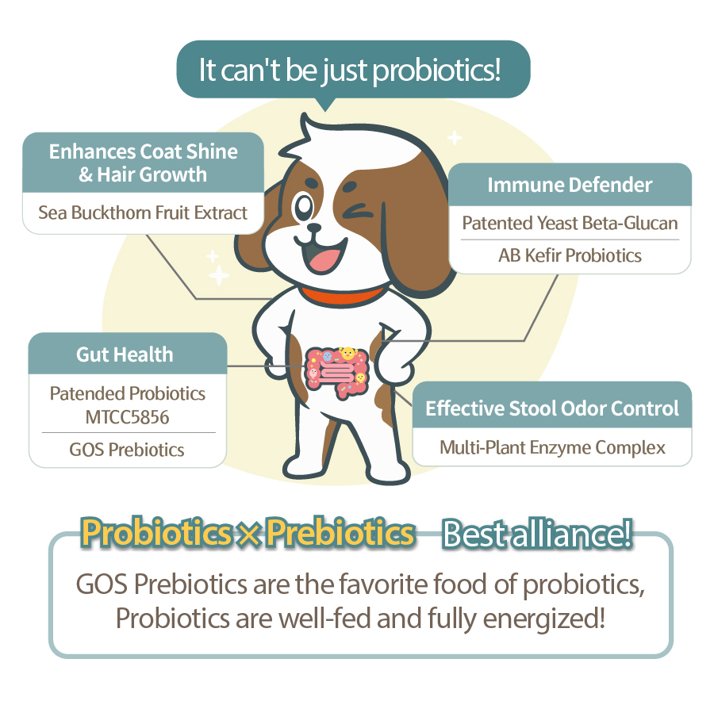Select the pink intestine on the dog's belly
[337, 372]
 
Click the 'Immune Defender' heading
[570, 186]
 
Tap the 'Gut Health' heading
[125, 354]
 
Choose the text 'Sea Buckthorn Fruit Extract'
[143, 213]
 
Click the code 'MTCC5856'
[127, 417]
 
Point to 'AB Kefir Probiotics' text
[570, 256]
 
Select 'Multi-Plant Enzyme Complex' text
[552, 448]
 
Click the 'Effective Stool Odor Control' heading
[552, 408]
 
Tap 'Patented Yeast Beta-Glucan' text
[570, 224]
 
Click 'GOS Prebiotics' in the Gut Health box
[127, 450]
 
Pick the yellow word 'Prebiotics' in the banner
[340, 532]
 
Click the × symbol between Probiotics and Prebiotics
[248, 534]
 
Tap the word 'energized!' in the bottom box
[543, 619]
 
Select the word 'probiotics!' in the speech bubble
[436, 71]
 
